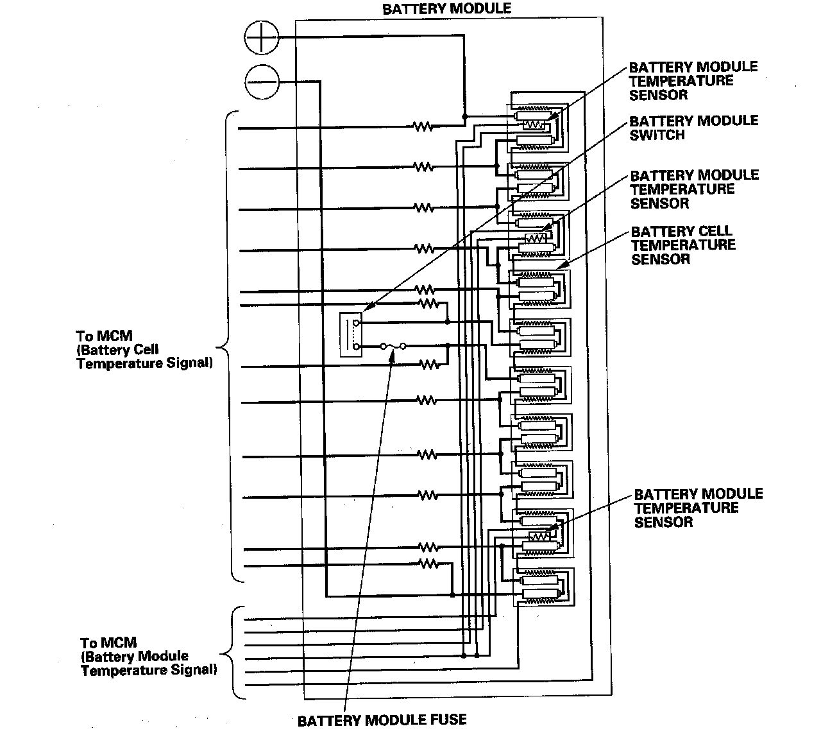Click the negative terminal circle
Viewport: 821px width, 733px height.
pos(262,82)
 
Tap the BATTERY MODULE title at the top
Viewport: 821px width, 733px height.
pos(446,8)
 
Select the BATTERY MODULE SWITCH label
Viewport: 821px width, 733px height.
pos(693,128)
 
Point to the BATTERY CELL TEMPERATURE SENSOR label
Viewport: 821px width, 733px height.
pos(682,245)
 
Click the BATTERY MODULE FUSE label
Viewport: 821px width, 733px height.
pos(382,720)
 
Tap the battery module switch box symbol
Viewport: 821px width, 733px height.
pos(352,334)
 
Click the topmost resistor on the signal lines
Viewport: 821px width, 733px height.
pos(423,127)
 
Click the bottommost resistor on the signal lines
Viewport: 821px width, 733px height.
pos(428,564)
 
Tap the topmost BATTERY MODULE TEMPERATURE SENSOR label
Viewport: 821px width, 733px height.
pos(693,81)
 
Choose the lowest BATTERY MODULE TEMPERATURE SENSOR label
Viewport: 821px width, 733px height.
pos(698,508)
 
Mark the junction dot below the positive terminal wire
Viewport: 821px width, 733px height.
pos(464,117)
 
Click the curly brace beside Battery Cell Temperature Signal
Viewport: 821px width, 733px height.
pos(226,347)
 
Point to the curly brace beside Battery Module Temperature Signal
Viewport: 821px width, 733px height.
pos(228,653)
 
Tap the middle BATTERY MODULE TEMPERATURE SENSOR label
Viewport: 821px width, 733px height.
pos(694,189)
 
